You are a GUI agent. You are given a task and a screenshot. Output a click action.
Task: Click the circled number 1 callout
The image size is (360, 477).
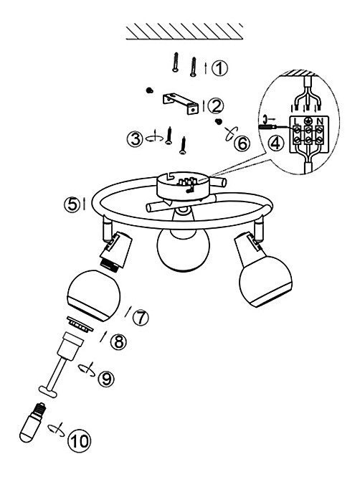(x=219, y=68)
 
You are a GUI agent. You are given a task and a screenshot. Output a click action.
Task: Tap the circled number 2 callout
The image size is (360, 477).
(x=216, y=106)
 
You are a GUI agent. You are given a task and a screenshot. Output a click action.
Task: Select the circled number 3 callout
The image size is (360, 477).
(x=135, y=138)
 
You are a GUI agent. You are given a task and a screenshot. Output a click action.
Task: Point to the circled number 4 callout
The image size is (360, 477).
(x=275, y=143)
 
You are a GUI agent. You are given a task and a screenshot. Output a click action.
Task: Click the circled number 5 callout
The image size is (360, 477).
(x=72, y=204)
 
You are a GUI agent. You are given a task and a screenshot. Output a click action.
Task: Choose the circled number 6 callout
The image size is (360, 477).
(x=242, y=143)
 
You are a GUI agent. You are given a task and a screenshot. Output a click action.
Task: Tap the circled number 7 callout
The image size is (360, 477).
(x=141, y=318)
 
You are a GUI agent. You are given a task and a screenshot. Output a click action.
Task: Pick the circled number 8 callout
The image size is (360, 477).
(x=118, y=341)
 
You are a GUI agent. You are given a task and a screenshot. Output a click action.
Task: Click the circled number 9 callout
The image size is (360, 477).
(x=106, y=379)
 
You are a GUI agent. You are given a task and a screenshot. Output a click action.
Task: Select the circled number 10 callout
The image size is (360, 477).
(x=80, y=441)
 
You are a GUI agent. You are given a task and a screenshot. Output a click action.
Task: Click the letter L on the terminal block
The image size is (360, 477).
(x=295, y=121)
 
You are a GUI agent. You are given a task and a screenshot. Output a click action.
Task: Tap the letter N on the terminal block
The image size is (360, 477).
(x=319, y=121)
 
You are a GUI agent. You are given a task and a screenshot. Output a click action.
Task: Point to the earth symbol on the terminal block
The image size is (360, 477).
(x=308, y=121)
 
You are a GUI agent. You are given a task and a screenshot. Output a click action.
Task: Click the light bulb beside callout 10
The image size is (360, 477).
(x=32, y=422)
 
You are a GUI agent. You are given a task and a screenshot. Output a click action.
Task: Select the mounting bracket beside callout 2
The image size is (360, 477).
(x=181, y=103)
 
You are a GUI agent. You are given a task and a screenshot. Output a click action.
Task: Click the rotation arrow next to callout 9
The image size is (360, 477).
(x=87, y=369)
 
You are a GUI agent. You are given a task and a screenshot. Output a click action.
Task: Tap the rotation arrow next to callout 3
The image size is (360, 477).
(x=154, y=138)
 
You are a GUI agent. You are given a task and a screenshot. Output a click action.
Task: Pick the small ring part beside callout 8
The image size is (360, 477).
(x=80, y=324)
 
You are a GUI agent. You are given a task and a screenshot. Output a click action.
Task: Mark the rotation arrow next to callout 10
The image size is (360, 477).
(x=56, y=430)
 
